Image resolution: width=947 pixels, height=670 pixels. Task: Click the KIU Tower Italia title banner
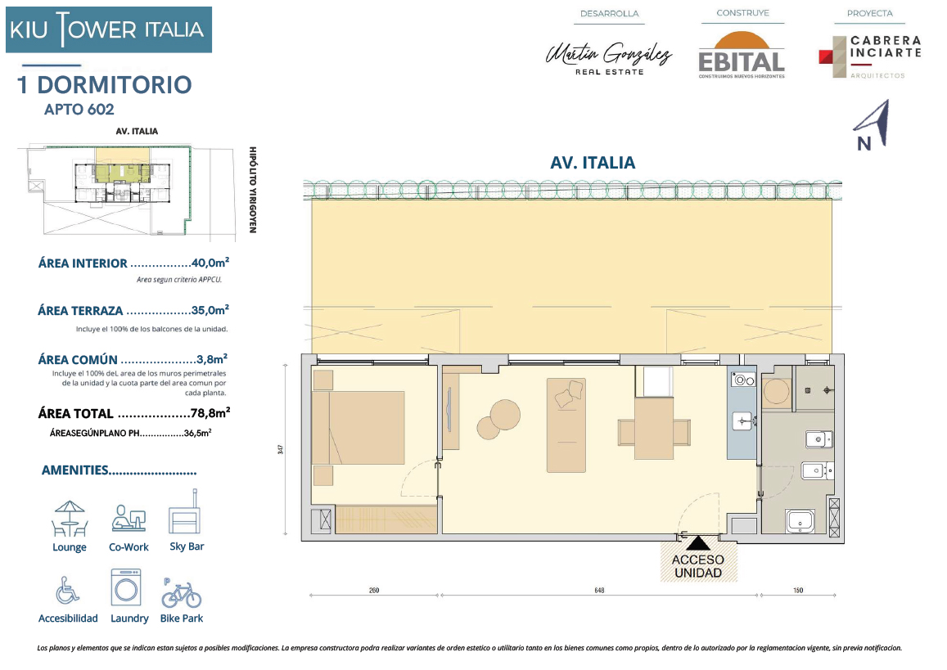point(109,29)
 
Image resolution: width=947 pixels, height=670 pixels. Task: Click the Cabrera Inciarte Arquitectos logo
point(870,56)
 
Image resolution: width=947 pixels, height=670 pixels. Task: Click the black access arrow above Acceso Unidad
point(697,542)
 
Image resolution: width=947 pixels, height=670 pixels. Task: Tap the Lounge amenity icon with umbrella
point(70,519)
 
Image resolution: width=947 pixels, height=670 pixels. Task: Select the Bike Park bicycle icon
point(181,594)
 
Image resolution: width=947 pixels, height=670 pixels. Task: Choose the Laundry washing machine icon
point(126,587)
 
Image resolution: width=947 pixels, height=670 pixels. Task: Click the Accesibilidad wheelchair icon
point(67,590)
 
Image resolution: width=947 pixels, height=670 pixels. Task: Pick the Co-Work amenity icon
point(129,519)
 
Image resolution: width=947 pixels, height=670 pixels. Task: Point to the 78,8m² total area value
point(210,413)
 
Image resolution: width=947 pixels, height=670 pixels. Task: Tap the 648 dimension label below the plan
point(599,591)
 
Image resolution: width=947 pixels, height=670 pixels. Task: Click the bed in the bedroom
point(359,427)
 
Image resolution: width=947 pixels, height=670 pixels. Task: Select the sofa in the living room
point(566,425)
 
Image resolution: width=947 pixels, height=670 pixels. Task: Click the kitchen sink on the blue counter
point(742,420)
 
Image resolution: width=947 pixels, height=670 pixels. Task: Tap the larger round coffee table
point(505,415)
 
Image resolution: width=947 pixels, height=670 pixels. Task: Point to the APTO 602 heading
point(79,110)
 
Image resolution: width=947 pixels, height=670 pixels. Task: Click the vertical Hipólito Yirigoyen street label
point(253,190)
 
